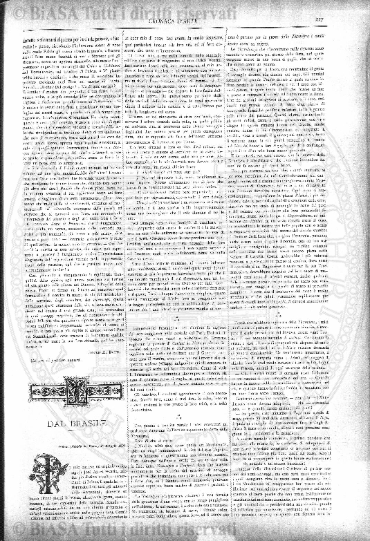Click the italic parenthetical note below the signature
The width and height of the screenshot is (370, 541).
pos(55,362)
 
